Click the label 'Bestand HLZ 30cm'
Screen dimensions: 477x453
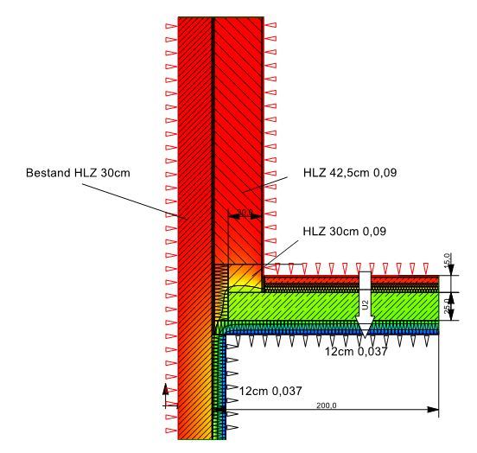pos(78,173)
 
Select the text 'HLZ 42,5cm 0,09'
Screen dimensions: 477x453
pos(350,173)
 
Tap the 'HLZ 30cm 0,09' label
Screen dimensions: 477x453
pos(345,232)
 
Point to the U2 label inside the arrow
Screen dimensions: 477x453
pos(366,304)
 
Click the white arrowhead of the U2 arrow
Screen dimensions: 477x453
pos(365,327)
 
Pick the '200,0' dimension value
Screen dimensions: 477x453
pos(327,405)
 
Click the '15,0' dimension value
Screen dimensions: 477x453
pos(447,260)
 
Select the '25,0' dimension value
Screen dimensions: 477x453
pos(446,306)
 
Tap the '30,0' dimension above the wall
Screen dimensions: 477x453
pos(245,212)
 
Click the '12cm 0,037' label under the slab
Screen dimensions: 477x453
pos(356,352)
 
